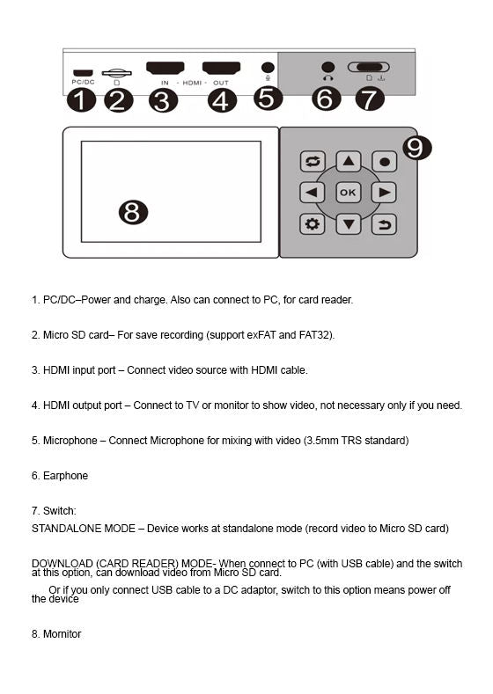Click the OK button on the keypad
click(349, 193)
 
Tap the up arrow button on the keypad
click(349, 162)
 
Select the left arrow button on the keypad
click(312, 193)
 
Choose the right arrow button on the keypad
click(384, 193)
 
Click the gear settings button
click(312, 223)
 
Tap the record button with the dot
click(384, 162)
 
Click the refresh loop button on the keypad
click(312, 162)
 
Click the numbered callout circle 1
click(81, 100)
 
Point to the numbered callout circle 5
click(268, 97)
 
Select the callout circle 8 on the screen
click(132, 211)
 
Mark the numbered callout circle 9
click(416, 147)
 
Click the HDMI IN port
click(165, 68)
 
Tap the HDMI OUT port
click(221, 68)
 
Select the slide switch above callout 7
click(369, 68)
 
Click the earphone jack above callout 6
click(328, 67)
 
